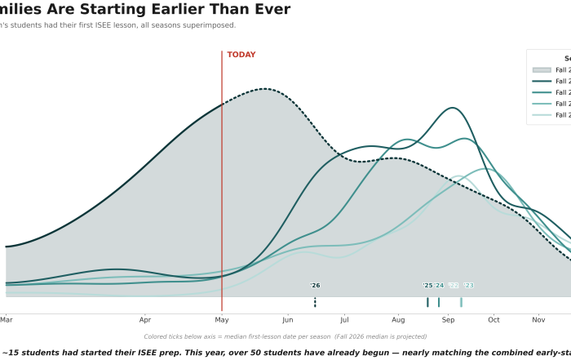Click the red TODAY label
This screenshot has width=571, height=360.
click(x=241, y=55)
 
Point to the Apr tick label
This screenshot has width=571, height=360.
click(x=145, y=319)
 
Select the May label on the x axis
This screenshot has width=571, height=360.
click(x=222, y=319)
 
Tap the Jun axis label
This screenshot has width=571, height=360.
click(x=288, y=319)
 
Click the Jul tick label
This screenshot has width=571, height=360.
click(x=344, y=319)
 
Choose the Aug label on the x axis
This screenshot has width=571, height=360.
click(x=398, y=319)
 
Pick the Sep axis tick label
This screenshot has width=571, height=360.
click(x=448, y=319)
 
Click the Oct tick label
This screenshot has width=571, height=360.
click(x=493, y=319)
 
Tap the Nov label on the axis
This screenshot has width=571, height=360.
click(x=538, y=319)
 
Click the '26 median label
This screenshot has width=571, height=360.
click(x=315, y=286)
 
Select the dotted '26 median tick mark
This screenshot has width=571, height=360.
click(x=315, y=302)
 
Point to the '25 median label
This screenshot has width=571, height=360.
click(x=427, y=286)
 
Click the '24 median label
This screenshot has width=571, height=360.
click(x=439, y=286)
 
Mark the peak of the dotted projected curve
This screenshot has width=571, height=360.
click(x=263, y=89)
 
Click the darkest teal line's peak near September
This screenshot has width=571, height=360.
click(x=451, y=108)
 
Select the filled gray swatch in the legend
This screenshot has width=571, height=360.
click(x=541, y=70)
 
